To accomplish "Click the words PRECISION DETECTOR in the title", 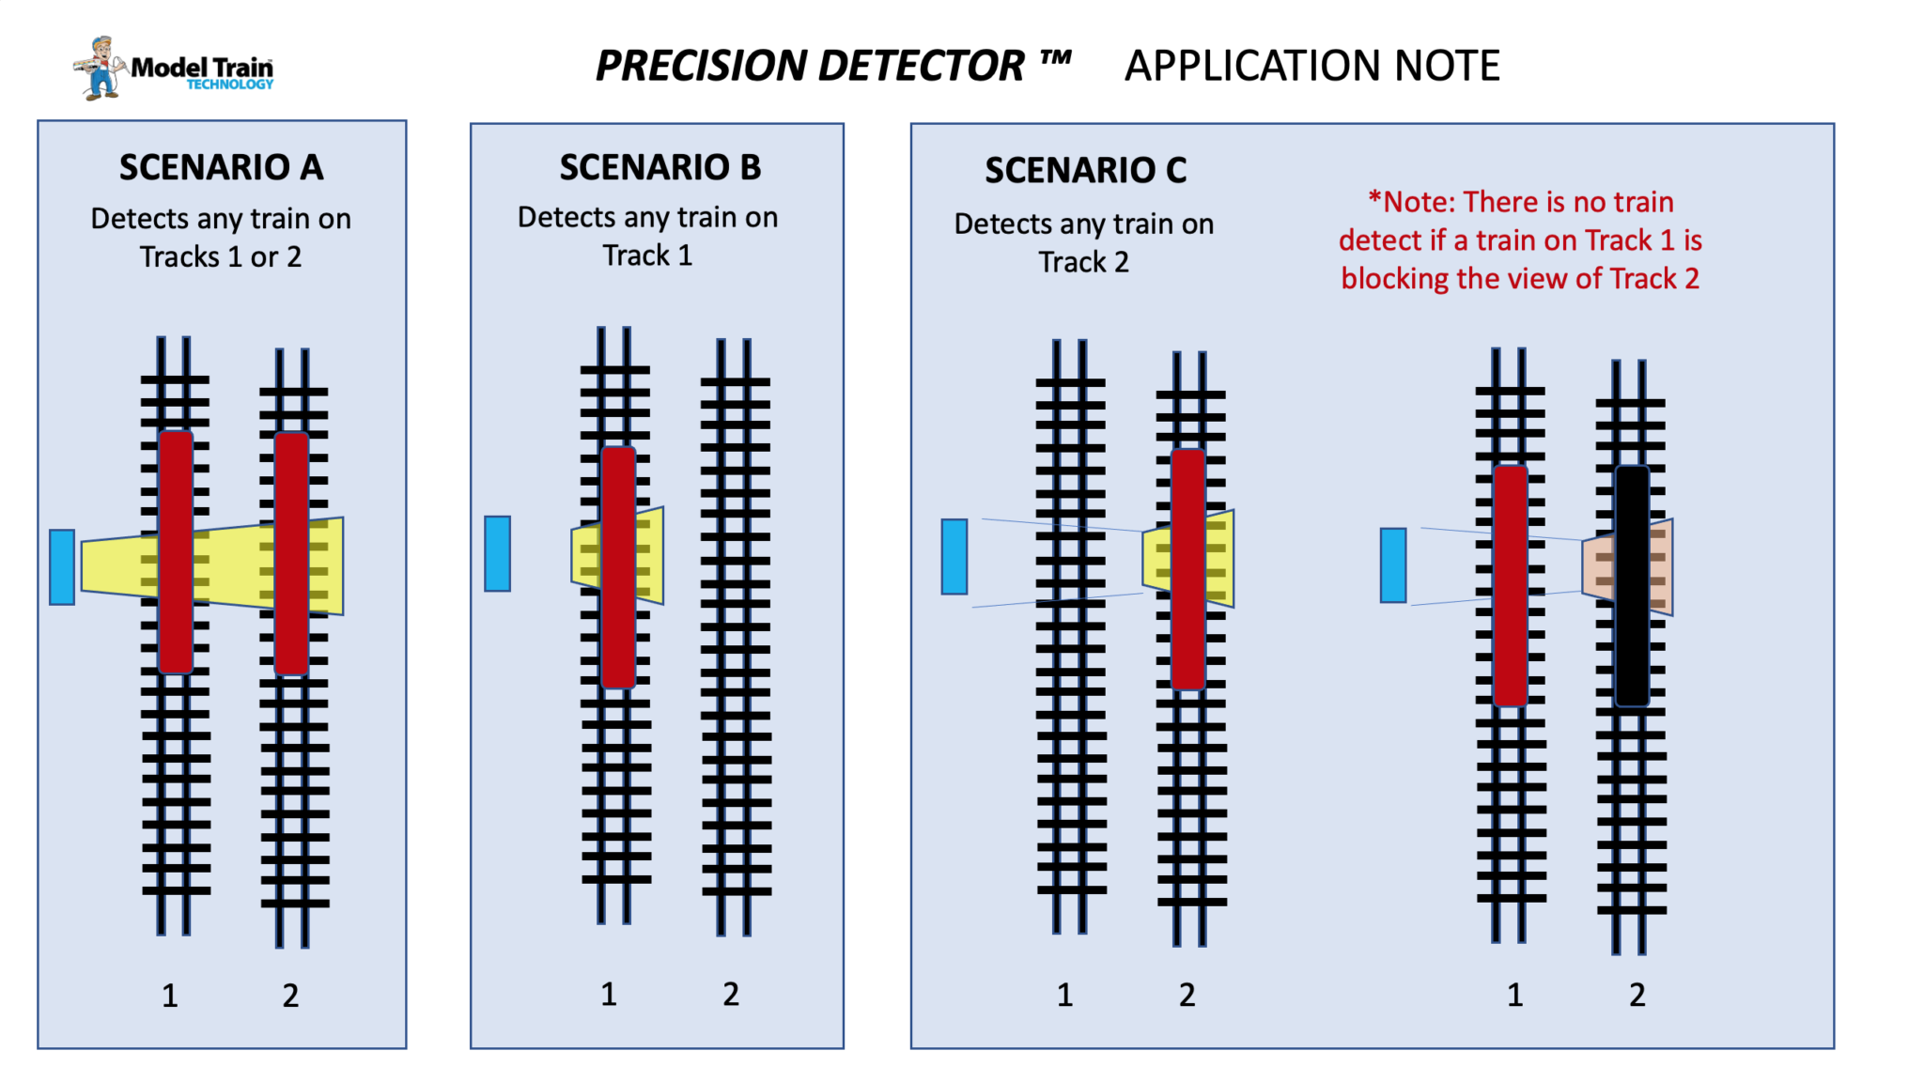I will [810, 66].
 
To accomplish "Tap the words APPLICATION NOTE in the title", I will [1311, 66].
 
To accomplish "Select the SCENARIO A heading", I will [221, 167].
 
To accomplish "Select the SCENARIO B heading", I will [659, 167].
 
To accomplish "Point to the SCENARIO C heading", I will [1085, 170].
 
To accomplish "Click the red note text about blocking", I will [1520, 240].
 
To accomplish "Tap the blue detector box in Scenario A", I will [62, 566].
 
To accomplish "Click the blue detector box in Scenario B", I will [497, 553].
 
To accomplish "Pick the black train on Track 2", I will [1632, 585].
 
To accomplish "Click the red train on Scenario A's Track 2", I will [291, 552].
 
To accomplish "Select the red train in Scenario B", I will [618, 566].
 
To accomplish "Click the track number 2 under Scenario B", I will [731, 994].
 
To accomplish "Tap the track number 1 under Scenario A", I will [169, 996].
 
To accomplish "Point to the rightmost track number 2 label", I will [1637, 995].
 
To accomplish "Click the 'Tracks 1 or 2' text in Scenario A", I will [221, 256].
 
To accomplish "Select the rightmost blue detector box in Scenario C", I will [1393, 564].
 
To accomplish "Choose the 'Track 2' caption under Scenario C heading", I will [1083, 262].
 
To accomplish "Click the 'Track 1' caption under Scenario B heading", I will [647, 255].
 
